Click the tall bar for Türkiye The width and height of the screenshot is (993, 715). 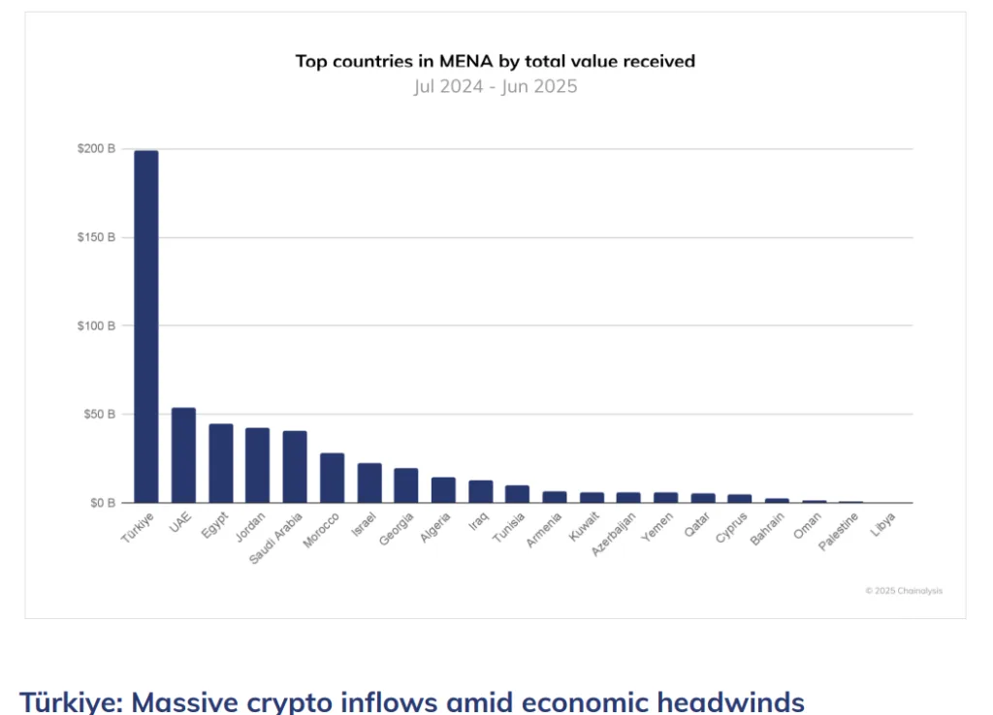[x=146, y=326]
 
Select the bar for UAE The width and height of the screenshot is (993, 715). [x=183, y=455]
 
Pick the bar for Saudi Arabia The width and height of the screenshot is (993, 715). [x=295, y=467]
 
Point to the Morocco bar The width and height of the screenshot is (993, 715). [x=333, y=478]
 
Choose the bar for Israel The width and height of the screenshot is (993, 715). [x=369, y=482]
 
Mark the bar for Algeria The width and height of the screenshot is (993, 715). [x=443, y=490]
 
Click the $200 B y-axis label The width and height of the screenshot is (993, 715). [x=96, y=149]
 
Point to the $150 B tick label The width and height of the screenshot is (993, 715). [x=96, y=237]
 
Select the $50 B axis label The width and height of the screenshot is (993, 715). [x=99, y=415]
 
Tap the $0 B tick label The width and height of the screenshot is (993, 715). [x=103, y=503]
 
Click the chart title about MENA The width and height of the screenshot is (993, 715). [x=495, y=62]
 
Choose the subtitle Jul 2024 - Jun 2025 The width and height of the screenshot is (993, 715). [x=495, y=86]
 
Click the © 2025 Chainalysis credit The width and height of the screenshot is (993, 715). [x=904, y=591]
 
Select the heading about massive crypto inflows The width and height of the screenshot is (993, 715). [x=412, y=700]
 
